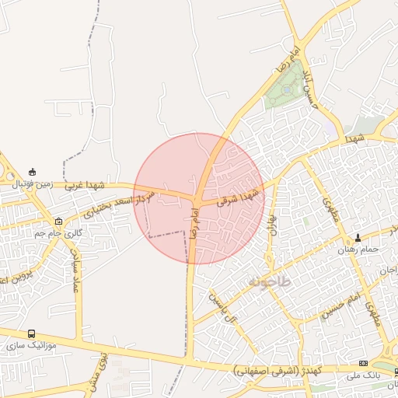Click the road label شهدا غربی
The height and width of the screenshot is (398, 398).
85,186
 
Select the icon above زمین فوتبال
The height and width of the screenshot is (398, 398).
31,172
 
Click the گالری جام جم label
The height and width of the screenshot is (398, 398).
58,232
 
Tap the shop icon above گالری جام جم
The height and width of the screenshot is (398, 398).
59,221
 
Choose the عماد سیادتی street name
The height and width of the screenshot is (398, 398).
75,268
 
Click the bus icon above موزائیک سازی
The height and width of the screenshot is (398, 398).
31,333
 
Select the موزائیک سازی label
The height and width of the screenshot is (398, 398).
31,344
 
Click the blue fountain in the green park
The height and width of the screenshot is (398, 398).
287,90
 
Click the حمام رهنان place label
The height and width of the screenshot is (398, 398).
358,250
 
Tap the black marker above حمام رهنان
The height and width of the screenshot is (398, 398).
358,237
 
